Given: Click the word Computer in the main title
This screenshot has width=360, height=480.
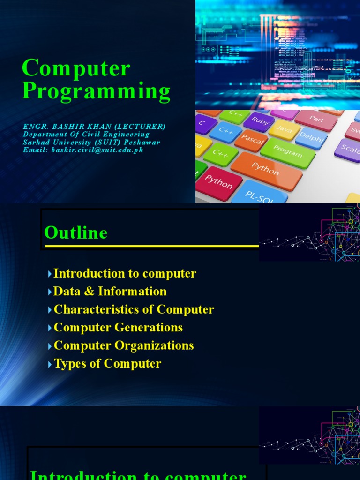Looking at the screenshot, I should click(76, 68).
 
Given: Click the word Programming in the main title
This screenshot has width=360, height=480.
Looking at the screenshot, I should click(96, 91).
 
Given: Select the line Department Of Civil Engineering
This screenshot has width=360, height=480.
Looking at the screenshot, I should click(86, 135).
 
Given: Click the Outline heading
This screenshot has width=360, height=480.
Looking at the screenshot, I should click(76, 233).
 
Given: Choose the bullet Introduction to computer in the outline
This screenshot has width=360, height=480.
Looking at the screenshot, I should click(125, 273).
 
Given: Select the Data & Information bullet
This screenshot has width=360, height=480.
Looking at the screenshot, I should click(110, 291).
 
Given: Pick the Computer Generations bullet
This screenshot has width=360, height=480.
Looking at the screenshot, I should click(118, 327).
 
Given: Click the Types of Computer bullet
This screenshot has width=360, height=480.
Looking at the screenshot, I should click(107, 363).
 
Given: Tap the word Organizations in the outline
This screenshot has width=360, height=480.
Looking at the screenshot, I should click(157, 345).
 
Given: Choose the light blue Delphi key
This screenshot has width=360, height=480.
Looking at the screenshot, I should click(311, 137).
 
